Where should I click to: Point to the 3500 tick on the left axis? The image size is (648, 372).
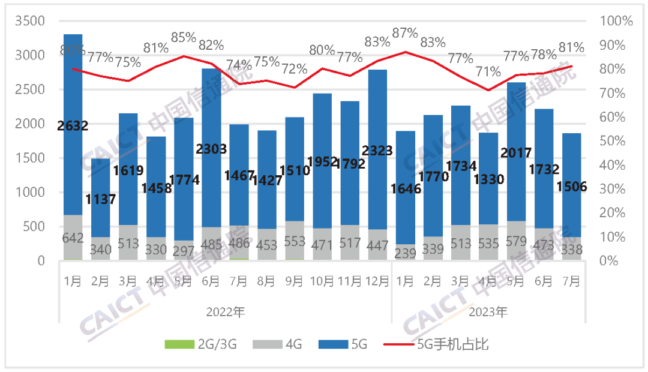click(x=34, y=21)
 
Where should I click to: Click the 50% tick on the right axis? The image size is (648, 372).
click(x=617, y=141)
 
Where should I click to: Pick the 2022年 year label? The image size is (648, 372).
click(x=226, y=312)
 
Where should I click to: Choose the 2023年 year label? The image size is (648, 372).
click(x=488, y=312)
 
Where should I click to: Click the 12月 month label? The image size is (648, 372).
click(x=377, y=281)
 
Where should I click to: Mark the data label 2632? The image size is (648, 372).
click(x=73, y=126)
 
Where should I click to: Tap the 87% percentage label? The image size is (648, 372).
click(x=404, y=33)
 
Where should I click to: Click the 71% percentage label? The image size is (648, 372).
click(x=488, y=72)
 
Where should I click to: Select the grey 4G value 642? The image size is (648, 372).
click(x=73, y=238)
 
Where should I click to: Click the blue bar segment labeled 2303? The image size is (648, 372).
click(x=211, y=180)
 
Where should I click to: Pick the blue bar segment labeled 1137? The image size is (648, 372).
click(x=101, y=180)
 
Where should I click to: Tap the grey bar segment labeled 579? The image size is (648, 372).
click(x=516, y=241)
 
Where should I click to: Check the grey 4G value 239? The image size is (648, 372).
click(x=405, y=253)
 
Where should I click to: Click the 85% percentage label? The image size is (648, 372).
click(x=184, y=37)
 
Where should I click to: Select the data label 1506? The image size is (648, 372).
click(x=571, y=187)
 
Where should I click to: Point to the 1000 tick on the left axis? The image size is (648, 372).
click(x=34, y=193)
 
